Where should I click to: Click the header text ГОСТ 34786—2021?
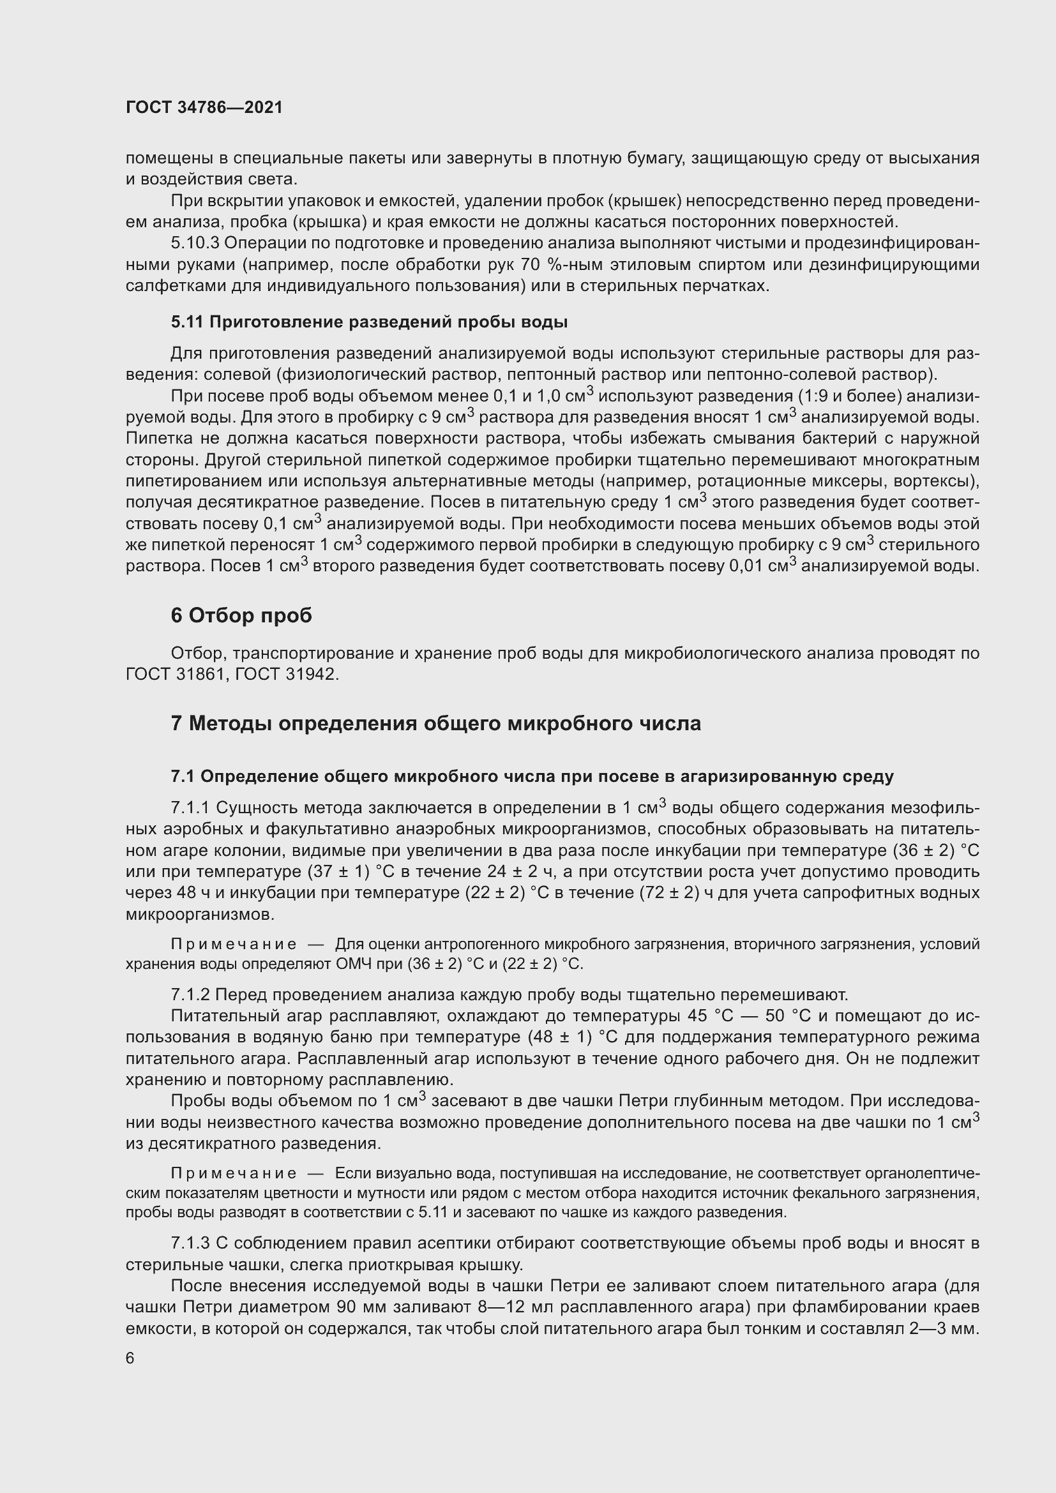(x=204, y=107)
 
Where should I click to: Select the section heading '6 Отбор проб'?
(x=241, y=615)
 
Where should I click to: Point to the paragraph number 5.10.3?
(x=193, y=243)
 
